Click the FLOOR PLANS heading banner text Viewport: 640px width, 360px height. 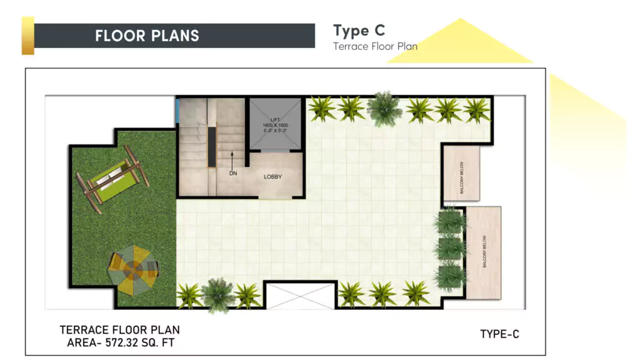tap(147, 36)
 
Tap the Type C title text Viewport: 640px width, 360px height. tap(359, 31)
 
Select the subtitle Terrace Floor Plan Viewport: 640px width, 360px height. tap(375, 46)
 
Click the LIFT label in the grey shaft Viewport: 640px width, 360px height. tap(275, 119)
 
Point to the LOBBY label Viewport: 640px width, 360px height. tap(272, 177)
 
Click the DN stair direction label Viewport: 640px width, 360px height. tap(232, 173)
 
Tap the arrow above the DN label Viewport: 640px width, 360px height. tap(232, 159)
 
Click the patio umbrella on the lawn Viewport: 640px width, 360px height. tap(133, 271)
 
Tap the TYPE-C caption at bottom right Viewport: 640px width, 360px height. tap(499, 334)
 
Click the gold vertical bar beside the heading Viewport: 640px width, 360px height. tap(27, 36)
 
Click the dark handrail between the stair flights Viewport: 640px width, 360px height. tap(212, 146)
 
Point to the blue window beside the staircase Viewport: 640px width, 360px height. tap(177, 112)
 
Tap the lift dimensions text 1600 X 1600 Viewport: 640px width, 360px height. tap(275, 125)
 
